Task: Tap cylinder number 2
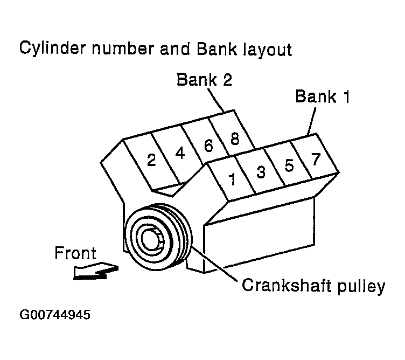coord(151,160)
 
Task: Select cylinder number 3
coord(261,172)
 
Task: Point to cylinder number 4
coord(180,153)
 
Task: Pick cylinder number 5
coord(289,165)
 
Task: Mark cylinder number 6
coord(208,146)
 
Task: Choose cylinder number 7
coord(316,158)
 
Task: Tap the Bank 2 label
coord(205,80)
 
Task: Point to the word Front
coord(75,253)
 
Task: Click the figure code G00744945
coord(54,314)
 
